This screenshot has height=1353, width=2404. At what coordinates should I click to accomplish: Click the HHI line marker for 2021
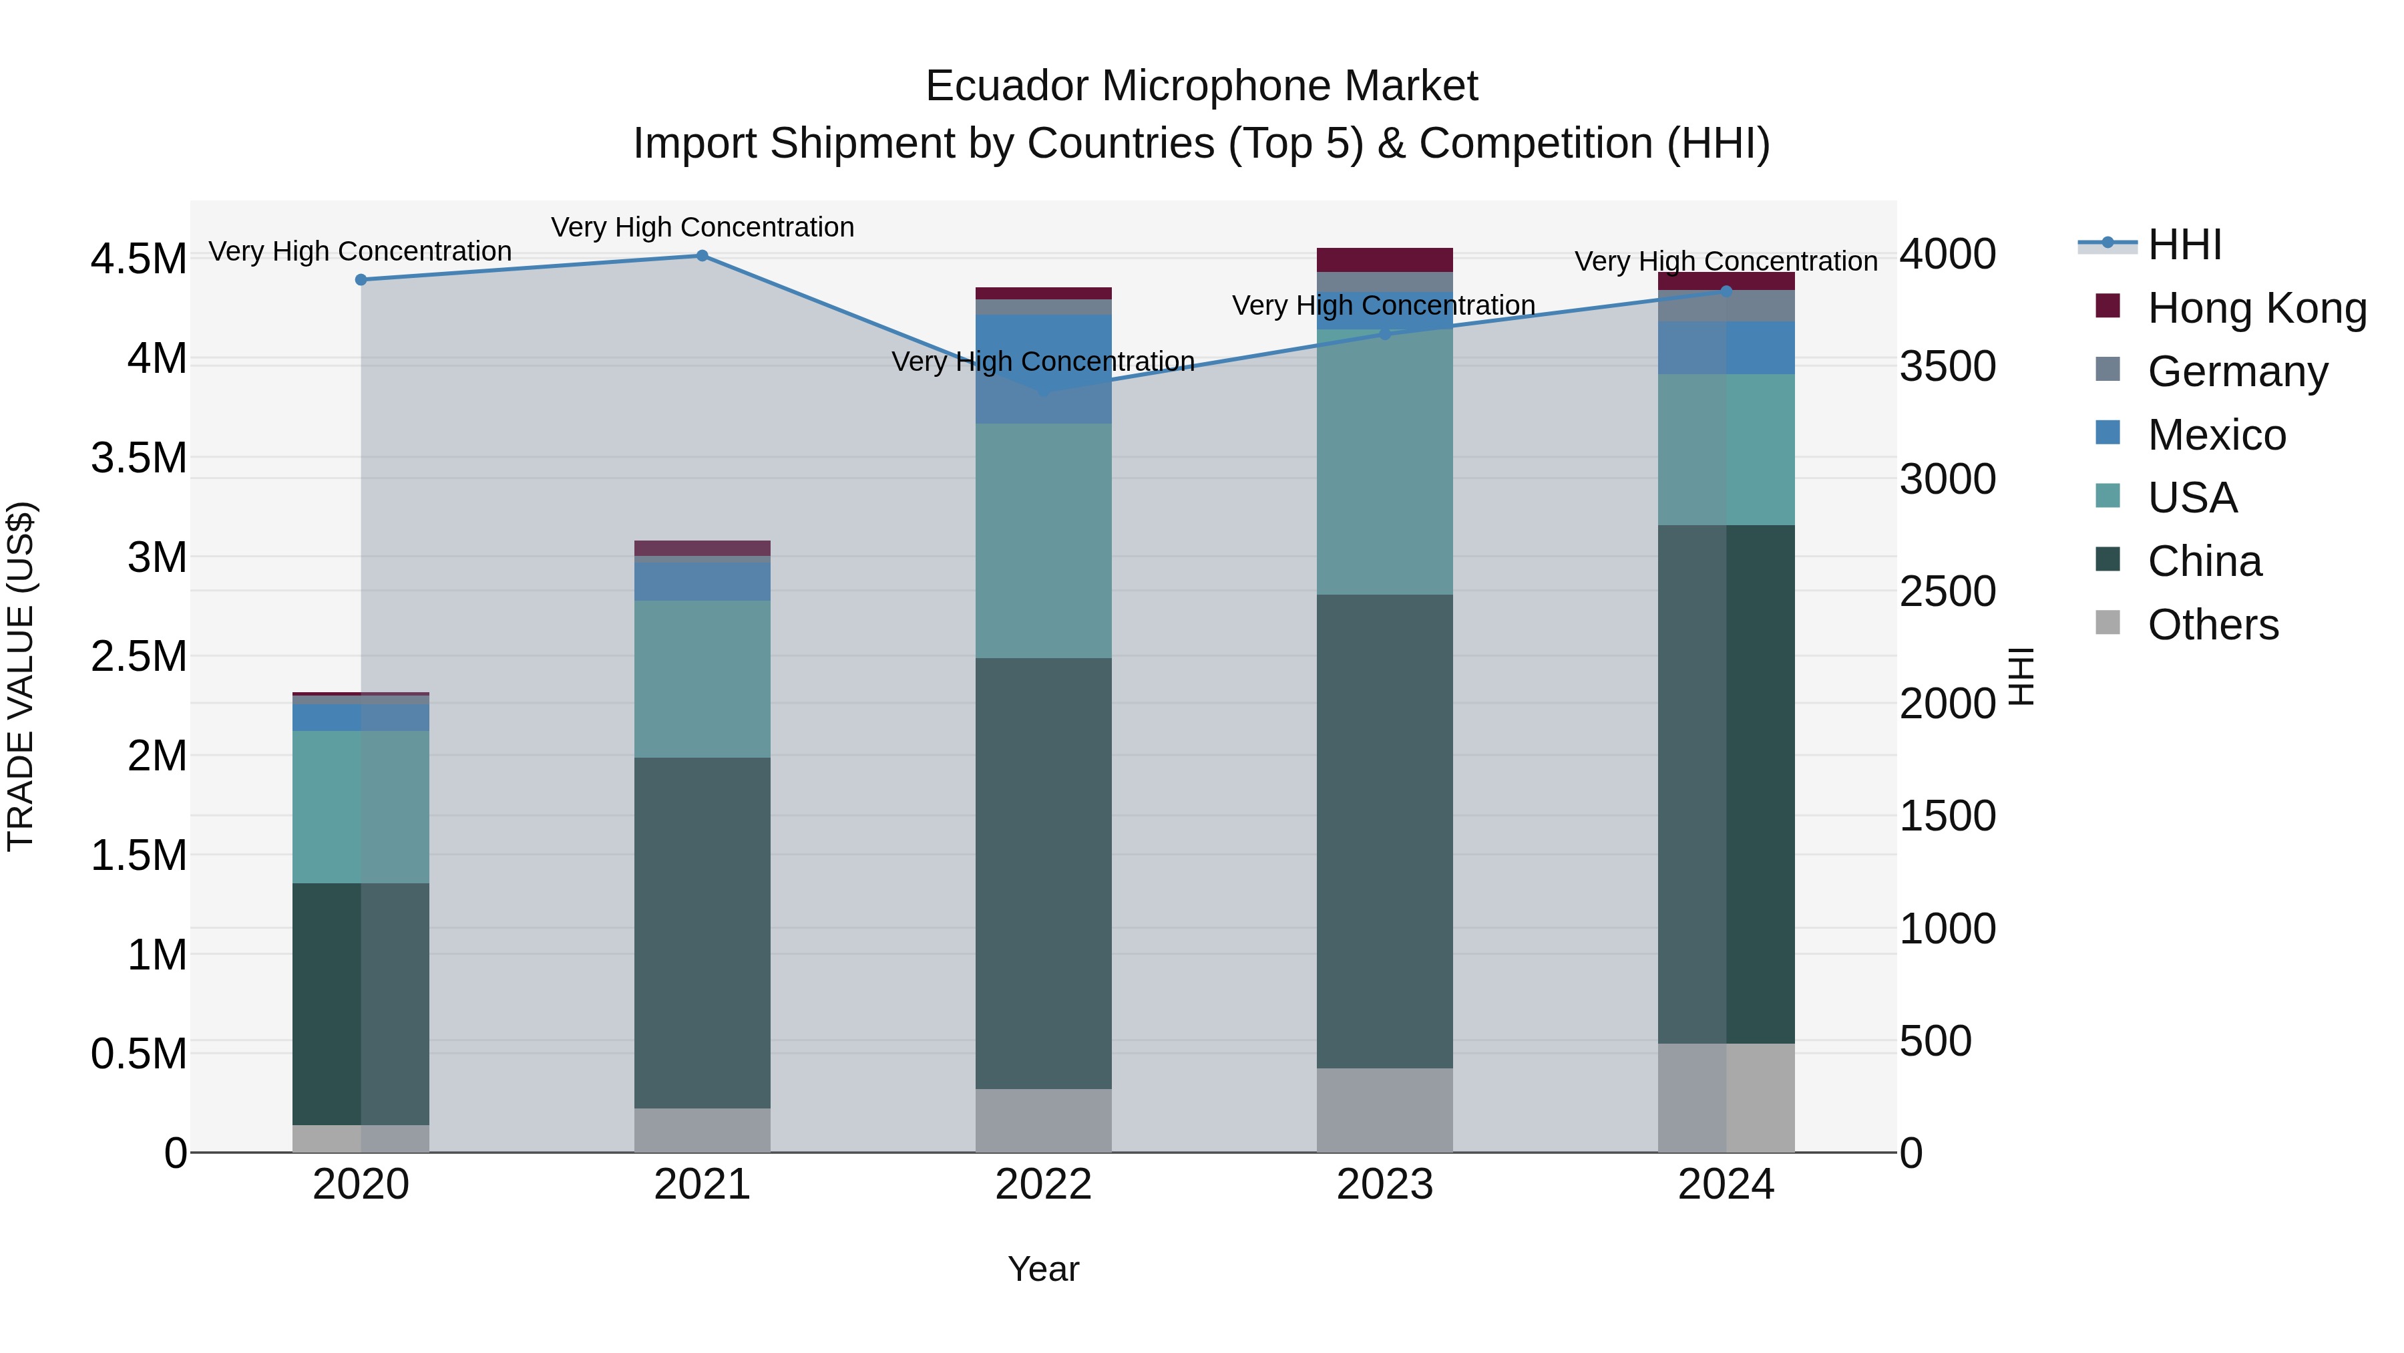point(702,256)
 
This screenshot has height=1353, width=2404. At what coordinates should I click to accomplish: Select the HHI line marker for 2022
point(1043,390)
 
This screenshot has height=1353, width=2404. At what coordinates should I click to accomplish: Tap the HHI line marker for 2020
point(361,279)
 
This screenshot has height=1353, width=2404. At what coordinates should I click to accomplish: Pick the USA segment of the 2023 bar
point(1384,462)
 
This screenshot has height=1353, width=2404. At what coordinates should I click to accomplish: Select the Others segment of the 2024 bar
point(1726,1097)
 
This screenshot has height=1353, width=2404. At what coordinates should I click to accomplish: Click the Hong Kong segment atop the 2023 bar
point(1384,260)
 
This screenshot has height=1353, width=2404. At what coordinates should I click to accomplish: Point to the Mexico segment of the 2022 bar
point(1043,369)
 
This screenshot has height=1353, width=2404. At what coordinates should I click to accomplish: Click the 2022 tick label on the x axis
point(1043,1185)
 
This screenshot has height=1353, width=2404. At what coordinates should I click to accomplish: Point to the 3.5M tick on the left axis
point(138,458)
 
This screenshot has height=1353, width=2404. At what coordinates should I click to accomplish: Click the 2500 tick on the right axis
point(1948,591)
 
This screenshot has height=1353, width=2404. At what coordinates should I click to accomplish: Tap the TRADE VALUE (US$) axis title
point(21,676)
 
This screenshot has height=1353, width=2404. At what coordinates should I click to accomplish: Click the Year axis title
point(1043,1269)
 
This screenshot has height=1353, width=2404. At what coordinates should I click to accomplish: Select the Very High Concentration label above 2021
point(702,227)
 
